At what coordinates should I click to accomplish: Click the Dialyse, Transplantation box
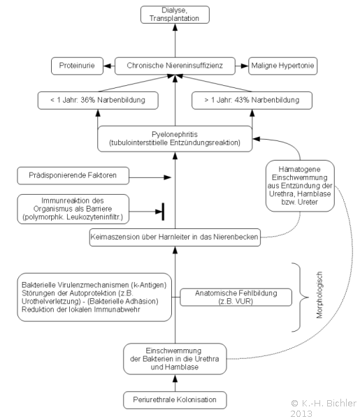[x=175, y=15]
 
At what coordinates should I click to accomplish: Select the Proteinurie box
[x=77, y=66]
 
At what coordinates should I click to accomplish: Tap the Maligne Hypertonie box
[x=282, y=66]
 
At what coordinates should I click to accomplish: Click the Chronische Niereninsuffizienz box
[x=175, y=66]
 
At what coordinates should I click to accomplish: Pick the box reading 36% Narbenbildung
[x=98, y=101]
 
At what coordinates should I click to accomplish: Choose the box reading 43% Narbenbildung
[x=252, y=101]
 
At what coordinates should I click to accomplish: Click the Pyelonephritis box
[x=175, y=139]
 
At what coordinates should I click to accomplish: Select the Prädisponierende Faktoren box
[x=73, y=176]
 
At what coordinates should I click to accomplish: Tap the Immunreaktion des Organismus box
[x=73, y=209]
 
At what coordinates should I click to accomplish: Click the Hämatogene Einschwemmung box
[x=300, y=186]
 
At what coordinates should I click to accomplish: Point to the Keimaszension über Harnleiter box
[x=175, y=237]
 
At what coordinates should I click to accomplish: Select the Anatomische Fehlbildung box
[x=236, y=297]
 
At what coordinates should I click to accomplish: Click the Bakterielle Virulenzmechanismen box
[x=94, y=297]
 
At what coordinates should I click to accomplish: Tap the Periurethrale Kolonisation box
[x=175, y=400]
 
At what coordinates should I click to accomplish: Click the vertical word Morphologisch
[x=319, y=295]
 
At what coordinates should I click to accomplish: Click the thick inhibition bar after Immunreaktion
[x=163, y=212]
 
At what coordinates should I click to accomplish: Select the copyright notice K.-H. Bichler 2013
[x=324, y=409]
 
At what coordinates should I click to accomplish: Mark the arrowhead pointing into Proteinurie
[x=107, y=66]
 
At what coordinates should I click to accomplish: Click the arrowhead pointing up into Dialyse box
[x=175, y=27]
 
